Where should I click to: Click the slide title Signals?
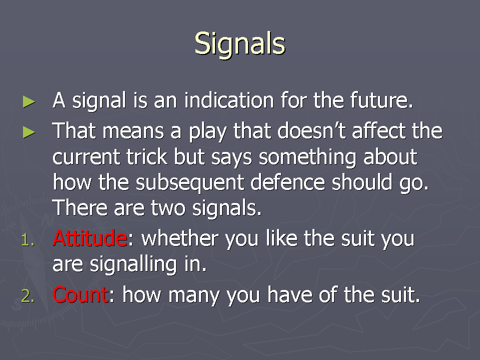click(240, 44)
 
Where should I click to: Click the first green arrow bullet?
click(29, 102)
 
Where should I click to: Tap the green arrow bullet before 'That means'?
click(29, 132)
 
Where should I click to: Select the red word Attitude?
click(89, 238)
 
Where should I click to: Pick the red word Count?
click(80, 295)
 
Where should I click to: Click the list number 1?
click(28, 240)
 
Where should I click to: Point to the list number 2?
click(28, 296)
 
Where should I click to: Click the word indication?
click(229, 100)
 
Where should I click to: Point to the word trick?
click(146, 156)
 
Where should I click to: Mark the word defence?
click(287, 182)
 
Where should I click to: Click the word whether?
click(180, 238)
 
